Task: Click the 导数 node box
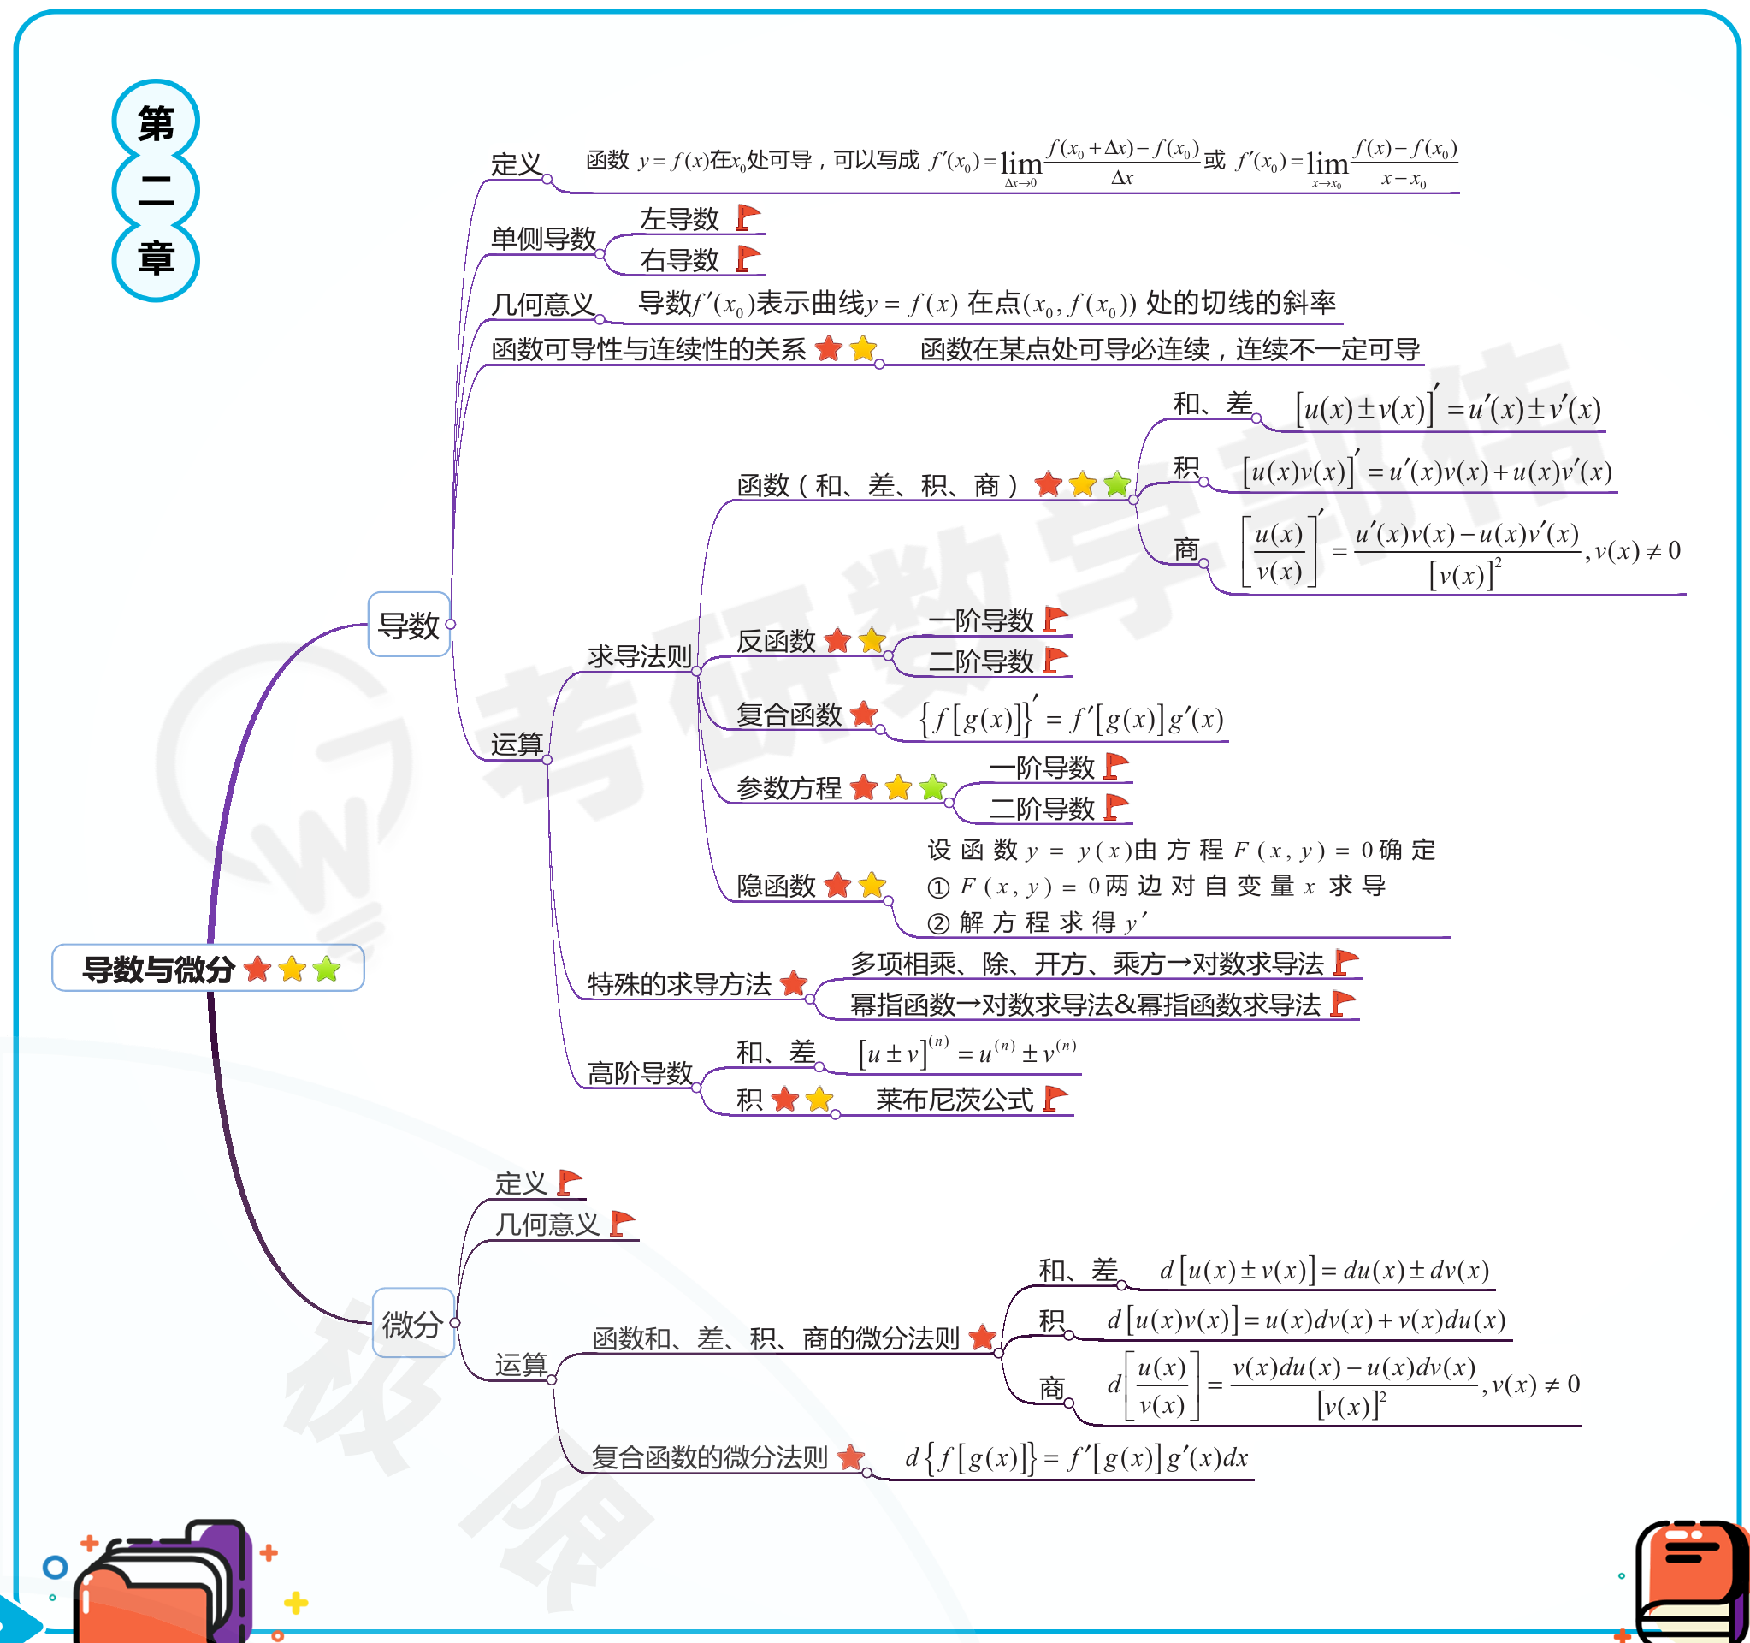tap(409, 625)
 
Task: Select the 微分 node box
tap(413, 1322)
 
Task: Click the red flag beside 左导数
tap(748, 217)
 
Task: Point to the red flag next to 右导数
tap(748, 259)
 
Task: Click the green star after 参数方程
tap(933, 787)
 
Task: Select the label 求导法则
tap(639, 656)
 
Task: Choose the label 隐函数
tap(776, 885)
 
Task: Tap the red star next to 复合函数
tap(865, 713)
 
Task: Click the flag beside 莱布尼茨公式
tap(1055, 1099)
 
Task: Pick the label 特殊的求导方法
tap(678, 983)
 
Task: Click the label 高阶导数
tap(639, 1073)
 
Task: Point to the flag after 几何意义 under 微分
tap(622, 1224)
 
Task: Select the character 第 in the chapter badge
tap(156, 122)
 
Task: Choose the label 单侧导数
tap(543, 239)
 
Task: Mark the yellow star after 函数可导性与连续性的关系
tap(864, 348)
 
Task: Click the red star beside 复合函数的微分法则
tap(850, 1458)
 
